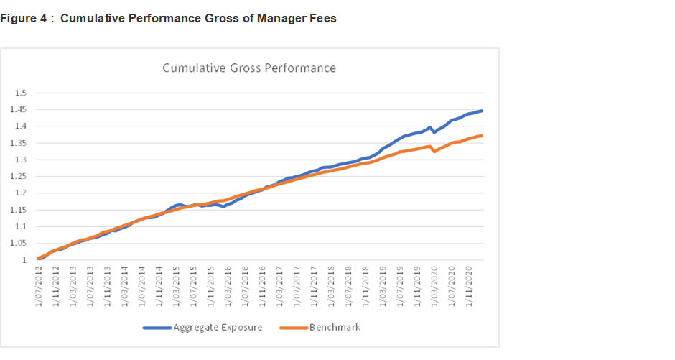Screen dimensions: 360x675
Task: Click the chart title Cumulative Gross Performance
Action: point(248,68)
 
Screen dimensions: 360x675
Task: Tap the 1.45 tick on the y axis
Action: point(18,110)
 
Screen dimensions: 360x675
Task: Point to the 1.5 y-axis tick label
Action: point(20,93)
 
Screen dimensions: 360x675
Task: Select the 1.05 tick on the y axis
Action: point(18,244)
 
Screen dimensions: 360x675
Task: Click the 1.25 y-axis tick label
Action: point(18,177)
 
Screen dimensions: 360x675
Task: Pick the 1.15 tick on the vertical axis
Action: point(18,210)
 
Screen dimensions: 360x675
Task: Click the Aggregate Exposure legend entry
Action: point(218,328)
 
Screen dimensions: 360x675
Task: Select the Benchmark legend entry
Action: point(335,328)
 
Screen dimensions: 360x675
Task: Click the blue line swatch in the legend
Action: point(157,328)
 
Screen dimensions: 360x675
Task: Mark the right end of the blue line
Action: point(482,111)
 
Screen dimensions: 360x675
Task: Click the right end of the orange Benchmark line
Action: point(482,136)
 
